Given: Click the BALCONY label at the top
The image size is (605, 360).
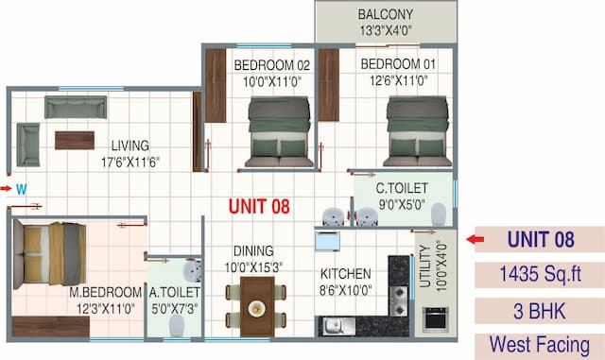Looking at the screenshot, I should coord(385,15).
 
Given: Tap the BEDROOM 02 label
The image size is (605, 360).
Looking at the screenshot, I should coord(272,65).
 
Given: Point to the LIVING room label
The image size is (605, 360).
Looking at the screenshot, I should coord(130,146).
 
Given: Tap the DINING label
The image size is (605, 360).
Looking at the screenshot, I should coord(254,251).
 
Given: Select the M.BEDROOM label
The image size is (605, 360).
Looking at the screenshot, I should coord(105,292).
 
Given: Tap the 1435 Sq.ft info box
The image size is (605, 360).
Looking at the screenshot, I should coord(540,275).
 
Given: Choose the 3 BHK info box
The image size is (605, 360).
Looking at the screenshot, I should coord(540,310).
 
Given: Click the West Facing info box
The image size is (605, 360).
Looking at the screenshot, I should coord(540,345).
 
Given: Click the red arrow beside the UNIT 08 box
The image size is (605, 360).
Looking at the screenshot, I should coord(476,240).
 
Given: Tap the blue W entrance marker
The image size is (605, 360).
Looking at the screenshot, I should coord(20,189).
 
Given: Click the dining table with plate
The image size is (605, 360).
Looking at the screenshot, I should coord(255,307).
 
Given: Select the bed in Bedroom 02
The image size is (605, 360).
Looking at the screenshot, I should coord(279,132).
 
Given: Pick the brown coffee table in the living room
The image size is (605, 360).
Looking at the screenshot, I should coord(75,140).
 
